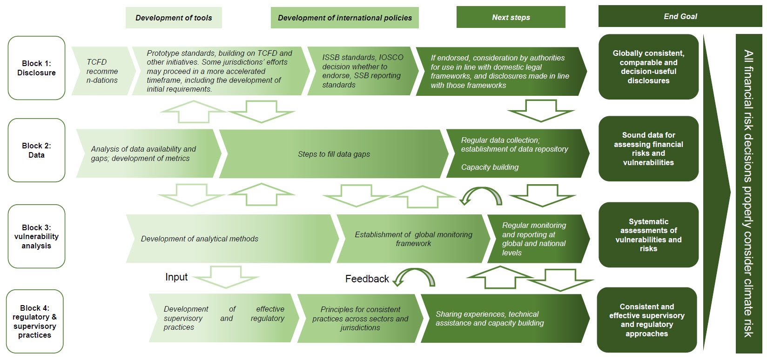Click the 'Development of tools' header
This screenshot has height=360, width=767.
click(x=174, y=18)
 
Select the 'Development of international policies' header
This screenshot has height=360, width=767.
click(x=344, y=18)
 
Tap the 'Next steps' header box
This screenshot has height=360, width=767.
click(x=511, y=17)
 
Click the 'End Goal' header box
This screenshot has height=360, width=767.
click(x=680, y=16)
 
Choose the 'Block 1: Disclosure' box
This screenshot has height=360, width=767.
click(x=36, y=68)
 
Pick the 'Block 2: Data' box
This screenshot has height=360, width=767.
click(x=36, y=150)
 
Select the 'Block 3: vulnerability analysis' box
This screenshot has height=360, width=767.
click(x=36, y=236)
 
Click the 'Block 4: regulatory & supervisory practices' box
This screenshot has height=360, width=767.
click(x=35, y=321)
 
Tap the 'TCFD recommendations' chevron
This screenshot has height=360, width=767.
click(x=102, y=71)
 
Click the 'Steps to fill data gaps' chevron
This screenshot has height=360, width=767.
click(x=334, y=154)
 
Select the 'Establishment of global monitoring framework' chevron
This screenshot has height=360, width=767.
click(x=413, y=239)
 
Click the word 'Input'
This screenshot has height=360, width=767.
click(x=176, y=277)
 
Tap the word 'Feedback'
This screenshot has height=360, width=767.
click(x=367, y=279)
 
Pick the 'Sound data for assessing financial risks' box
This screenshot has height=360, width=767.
click(x=648, y=149)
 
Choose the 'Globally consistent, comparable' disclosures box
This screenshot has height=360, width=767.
click(x=648, y=67)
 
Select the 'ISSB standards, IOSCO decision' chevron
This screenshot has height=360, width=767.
click(x=361, y=71)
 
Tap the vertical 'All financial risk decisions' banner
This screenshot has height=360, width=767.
click(x=748, y=193)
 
